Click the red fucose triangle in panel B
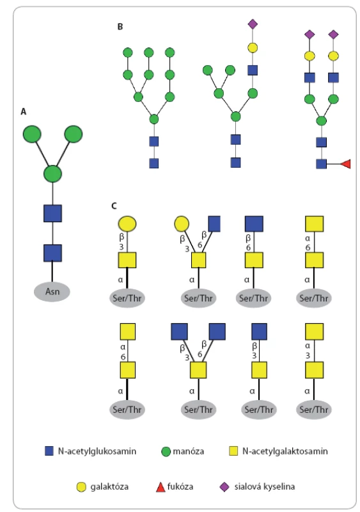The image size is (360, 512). pyautogui.click(x=346, y=164)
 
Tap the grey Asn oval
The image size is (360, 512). pyautogui.click(x=52, y=291)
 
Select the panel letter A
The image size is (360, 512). pyautogui.click(x=24, y=111)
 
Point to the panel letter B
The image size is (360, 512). pyautogui.click(x=120, y=26)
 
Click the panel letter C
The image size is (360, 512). pyautogui.click(x=114, y=205)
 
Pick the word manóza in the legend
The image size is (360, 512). pyautogui.click(x=189, y=451)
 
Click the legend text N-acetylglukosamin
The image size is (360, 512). pyautogui.click(x=97, y=451)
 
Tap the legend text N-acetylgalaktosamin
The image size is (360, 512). pyautogui.click(x=285, y=451)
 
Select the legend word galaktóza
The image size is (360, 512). pyautogui.click(x=109, y=486)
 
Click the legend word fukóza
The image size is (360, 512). pyautogui.click(x=180, y=486)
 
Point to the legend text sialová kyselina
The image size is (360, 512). pyautogui.click(x=264, y=486)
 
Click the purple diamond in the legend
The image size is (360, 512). pyautogui.click(x=224, y=487)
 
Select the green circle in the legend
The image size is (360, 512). pyautogui.click(x=166, y=452)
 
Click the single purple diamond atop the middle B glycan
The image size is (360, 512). pyautogui.click(x=253, y=24)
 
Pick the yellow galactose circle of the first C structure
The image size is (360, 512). pyautogui.click(x=127, y=223)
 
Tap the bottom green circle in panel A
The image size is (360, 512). pyautogui.click(x=52, y=173)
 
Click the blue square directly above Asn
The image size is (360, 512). pyautogui.click(x=52, y=253)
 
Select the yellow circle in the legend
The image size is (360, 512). pyautogui.click(x=81, y=487)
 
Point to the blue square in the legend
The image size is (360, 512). pyautogui.click(x=49, y=451)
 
